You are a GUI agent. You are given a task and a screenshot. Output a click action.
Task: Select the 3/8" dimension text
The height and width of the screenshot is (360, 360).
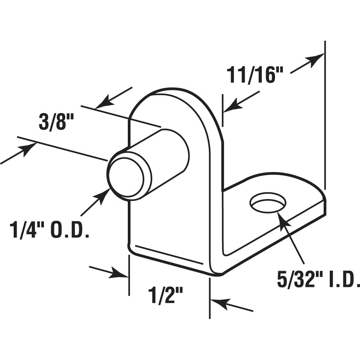click(54, 123)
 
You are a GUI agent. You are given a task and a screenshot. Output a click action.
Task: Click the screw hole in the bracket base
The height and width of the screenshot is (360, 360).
click(268, 203)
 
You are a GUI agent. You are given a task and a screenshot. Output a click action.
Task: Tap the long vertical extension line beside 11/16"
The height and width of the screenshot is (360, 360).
click(325, 115)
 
